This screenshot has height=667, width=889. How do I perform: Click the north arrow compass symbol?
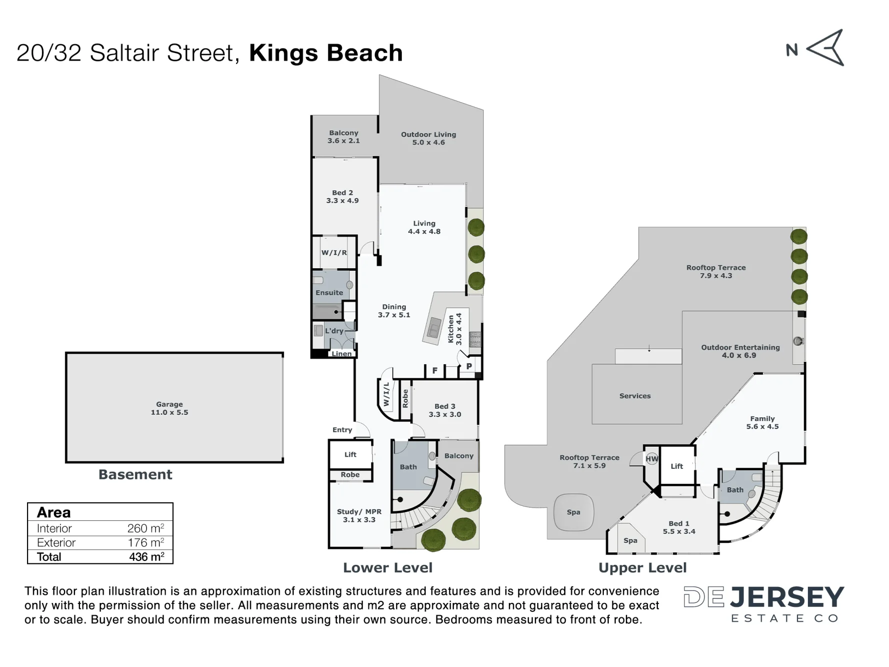click(x=826, y=48)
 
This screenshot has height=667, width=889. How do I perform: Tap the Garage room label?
click(x=170, y=408)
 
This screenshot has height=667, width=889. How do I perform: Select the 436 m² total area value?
click(x=147, y=557)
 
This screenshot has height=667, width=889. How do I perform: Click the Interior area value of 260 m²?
click(x=146, y=528)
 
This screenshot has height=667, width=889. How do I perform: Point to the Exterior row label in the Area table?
click(x=56, y=543)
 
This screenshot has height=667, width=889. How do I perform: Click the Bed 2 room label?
click(x=343, y=197)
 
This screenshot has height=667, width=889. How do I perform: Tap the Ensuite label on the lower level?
click(x=329, y=293)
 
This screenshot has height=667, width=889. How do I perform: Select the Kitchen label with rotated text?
click(x=455, y=329)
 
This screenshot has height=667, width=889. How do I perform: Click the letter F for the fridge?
click(x=435, y=371)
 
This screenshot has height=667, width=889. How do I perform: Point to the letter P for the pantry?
click(x=469, y=366)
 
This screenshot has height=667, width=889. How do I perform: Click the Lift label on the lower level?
click(x=350, y=454)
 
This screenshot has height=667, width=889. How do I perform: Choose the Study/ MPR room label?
click(x=359, y=515)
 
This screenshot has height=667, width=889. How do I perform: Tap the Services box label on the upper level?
click(x=635, y=396)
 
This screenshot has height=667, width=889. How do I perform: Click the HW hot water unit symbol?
click(x=652, y=459)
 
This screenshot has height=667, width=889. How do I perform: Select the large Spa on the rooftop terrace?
click(x=574, y=512)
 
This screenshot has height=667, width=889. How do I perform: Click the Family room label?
click(x=762, y=422)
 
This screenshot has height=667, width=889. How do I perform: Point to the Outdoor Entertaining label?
click(x=740, y=351)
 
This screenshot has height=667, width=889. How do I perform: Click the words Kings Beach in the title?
click(x=326, y=53)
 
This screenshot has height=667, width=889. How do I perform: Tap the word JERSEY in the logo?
click(x=787, y=597)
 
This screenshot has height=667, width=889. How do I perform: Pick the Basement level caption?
click(x=135, y=474)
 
